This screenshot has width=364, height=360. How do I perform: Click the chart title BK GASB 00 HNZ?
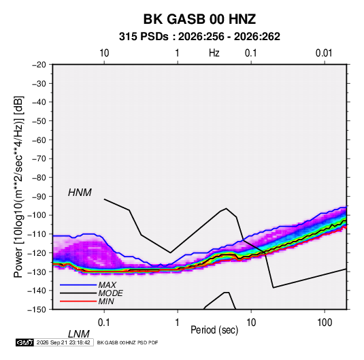click(199, 19)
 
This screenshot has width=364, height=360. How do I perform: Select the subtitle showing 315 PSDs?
click(199, 37)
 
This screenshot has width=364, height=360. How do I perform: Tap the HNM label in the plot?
click(80, 193)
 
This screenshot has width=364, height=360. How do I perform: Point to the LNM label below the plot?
click(79, 334)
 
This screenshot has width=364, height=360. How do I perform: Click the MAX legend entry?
click(107, 285)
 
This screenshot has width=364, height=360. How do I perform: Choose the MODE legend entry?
click(110, 293)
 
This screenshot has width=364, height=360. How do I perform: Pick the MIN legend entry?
click(106, 301)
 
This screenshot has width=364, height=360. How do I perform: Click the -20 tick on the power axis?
click(39, 65)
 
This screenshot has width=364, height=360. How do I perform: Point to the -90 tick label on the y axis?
click(39, 197)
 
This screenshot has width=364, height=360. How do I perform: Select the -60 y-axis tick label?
click(39, 140)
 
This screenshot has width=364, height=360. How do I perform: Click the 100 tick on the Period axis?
click(325, 323)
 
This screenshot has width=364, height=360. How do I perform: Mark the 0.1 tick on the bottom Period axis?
click(104, 323)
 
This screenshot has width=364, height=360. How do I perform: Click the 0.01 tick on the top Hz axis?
click(324, 53)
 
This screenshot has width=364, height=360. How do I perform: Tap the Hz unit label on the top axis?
click(214, 53)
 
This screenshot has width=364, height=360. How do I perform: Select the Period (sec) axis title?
click(214, 330)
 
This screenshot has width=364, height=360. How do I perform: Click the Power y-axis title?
click(18, 186)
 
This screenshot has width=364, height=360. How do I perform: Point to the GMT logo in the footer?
click(24, 342)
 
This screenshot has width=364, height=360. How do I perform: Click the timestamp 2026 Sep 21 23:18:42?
click(63, 342)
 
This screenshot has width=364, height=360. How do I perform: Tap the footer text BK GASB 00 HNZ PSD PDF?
click(127, 342)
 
